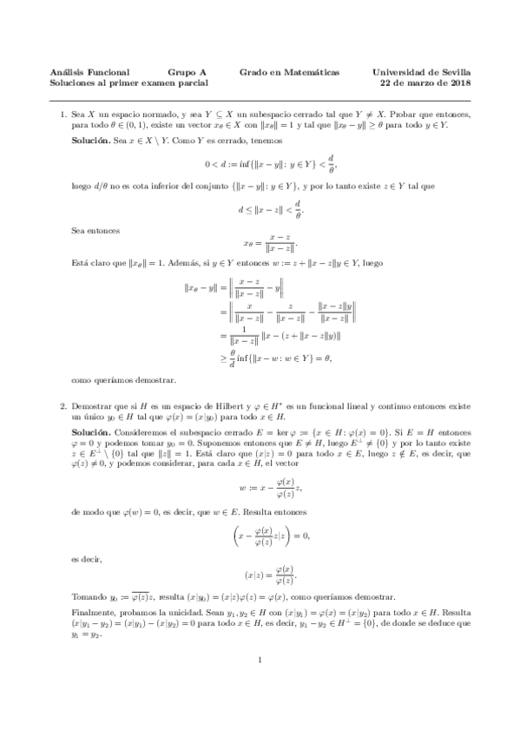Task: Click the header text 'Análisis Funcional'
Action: click(91, 73)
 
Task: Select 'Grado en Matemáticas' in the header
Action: click(289, 73)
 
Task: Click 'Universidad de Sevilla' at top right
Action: click(421, 73)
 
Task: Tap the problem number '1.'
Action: click(63, 114)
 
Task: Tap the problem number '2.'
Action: click(63, 406)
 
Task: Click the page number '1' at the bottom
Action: click(260, 685)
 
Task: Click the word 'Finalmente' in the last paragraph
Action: click(91, 612)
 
